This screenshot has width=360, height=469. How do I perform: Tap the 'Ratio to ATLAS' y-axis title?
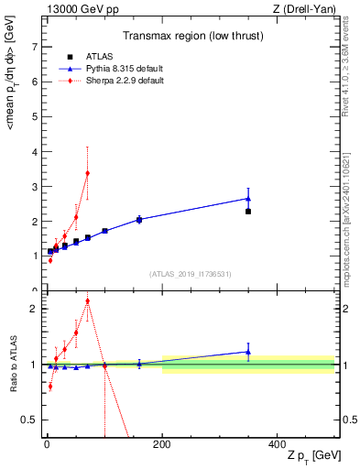(13, 364)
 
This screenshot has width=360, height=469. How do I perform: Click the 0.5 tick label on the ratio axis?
(29, 420)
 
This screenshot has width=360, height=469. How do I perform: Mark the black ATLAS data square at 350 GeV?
(248, 211)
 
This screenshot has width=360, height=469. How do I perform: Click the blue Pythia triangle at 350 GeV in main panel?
(248, 198)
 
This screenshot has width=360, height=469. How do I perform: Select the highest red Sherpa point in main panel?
(87, 173)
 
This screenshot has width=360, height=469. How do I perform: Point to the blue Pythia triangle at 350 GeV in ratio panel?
(248, 351)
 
